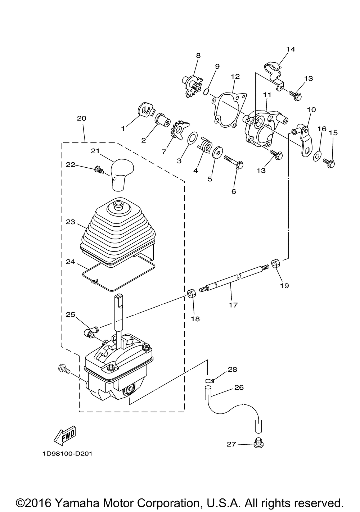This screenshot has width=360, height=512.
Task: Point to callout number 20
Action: pos(81,118)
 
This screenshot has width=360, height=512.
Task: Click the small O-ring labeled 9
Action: pos(206,92)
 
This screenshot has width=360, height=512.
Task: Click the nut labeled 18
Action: pos(191,293)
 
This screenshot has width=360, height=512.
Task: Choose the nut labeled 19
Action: pos(275,263)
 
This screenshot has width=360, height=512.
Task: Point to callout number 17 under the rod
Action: pos(233,305)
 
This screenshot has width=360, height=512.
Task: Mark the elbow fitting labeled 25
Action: pos(91,332)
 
